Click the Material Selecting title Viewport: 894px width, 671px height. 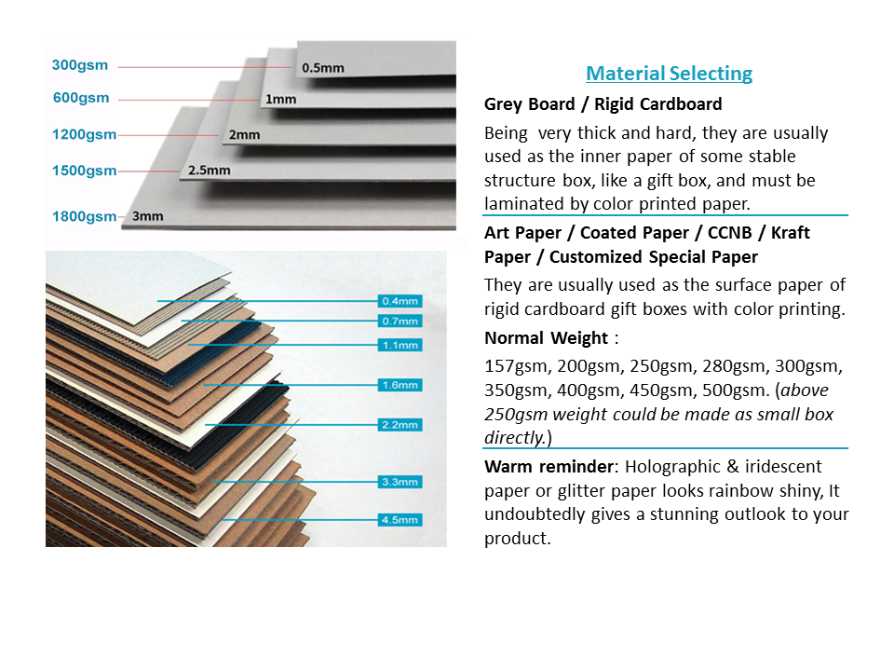(x=669, y=73)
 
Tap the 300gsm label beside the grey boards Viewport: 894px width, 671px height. (x=80, y=65)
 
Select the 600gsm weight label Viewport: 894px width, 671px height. (x=81, y=98)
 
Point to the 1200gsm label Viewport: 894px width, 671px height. (x=85, y=134)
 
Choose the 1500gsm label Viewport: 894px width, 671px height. (x=85, y=171)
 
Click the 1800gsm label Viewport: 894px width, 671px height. (x=85, y=216)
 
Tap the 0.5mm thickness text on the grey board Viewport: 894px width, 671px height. (x=323, y=68)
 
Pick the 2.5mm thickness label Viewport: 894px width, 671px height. (x=210, y=170)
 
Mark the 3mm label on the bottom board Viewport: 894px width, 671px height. (x=148, y=216)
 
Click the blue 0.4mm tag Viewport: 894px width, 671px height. (x=400, y=301)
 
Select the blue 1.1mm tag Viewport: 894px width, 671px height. (x=400, y=345)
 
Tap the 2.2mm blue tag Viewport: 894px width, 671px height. (x=400, y=425)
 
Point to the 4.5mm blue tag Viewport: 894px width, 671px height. (x=400, y=519)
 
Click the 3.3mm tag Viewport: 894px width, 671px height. (x=400, y=482)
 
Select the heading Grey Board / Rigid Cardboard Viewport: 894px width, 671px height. (x=603, y=104)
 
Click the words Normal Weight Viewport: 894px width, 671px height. (x=547, y=338)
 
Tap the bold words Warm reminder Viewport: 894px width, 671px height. (x=549, y=467)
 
